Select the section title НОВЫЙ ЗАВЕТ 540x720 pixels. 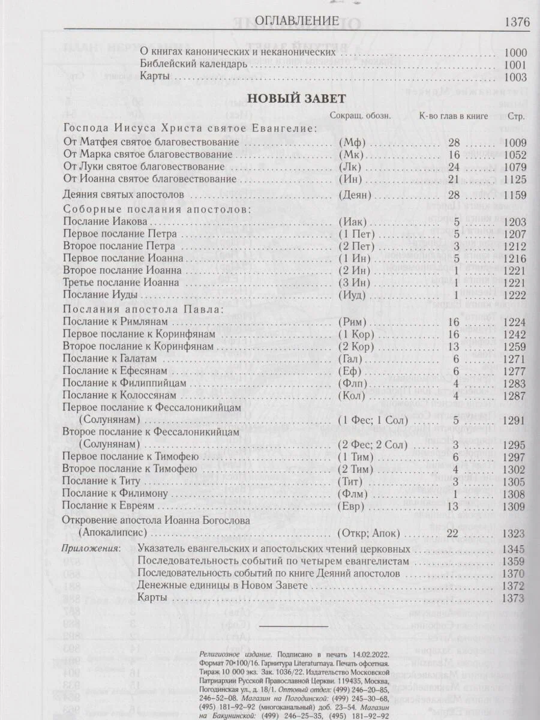coord(295,98)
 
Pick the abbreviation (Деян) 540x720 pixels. coord(356,194)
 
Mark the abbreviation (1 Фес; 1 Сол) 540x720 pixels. coord(373,420)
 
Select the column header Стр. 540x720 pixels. coord(516,116)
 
